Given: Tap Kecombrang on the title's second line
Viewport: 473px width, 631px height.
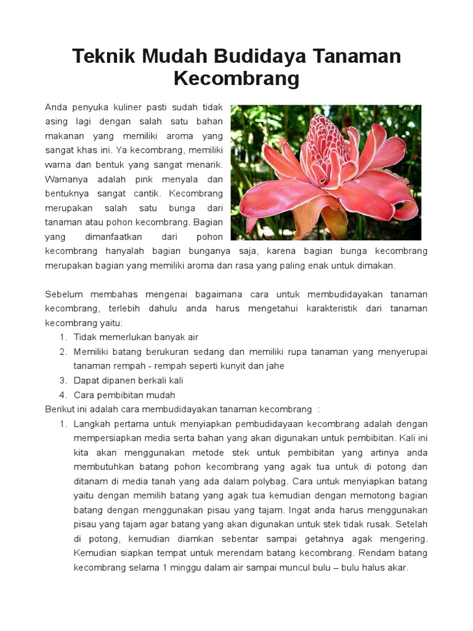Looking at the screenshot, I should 236,79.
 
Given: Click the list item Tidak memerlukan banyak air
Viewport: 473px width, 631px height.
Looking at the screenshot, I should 135,337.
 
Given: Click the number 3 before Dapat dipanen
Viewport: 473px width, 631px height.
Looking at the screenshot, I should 63,380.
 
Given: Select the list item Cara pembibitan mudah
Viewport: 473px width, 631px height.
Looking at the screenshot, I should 124,395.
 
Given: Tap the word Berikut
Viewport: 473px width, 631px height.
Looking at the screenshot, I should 60,409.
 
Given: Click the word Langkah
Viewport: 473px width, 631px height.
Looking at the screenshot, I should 91,424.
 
